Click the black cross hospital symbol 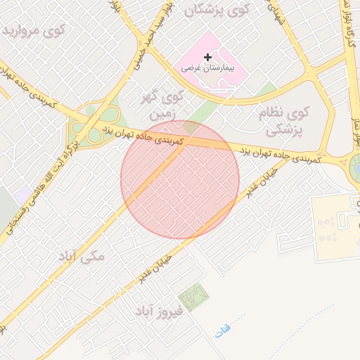(207, 57)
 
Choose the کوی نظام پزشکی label (289, 120)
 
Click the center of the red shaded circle (180, 180)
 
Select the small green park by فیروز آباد (193, 296)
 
